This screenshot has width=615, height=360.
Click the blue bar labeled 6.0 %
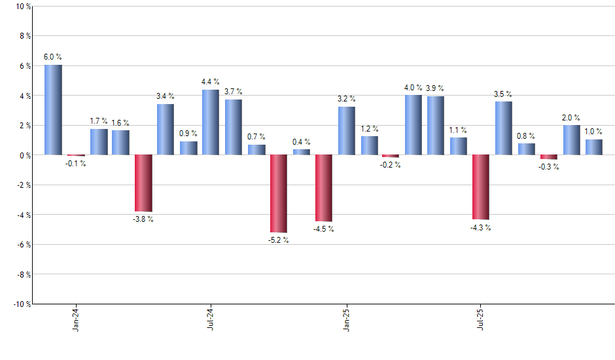(x=53, y=110)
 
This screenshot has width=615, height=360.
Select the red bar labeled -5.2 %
(x=278, y=194)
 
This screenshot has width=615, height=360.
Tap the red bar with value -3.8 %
(x=143, y=183)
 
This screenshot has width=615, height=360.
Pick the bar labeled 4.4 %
(x=211, y=122)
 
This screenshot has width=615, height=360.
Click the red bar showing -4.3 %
(x=481, y=187)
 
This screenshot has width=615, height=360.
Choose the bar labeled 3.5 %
(x=503, y=128)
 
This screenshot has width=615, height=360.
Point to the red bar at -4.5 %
(x=323, y=189)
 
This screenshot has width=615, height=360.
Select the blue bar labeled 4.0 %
(x=413, y=125)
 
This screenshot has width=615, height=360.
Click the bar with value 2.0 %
(x=571, y=140)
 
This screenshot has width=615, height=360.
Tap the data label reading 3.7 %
(x=234, y=92)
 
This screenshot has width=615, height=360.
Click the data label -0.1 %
(x=76, y=163)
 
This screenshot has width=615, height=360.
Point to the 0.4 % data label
(x=302, y=142)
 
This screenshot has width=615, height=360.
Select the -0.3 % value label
(x=549, y=166)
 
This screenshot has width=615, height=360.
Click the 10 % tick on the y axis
(x=22, y=7)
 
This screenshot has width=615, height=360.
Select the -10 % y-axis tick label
(x=21, y=304)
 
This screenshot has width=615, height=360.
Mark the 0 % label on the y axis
(x=24, y=155)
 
